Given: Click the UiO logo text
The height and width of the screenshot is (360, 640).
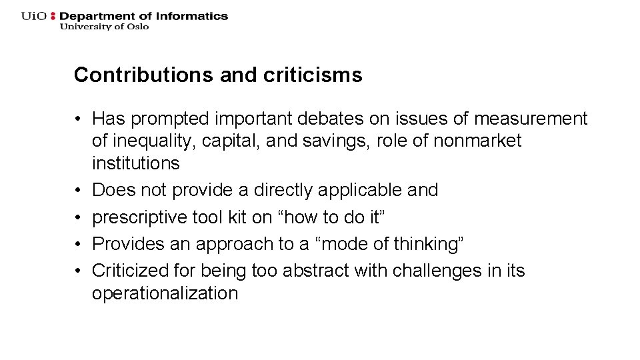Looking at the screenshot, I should point(34,16).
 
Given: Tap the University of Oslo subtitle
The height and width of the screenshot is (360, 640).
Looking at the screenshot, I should point(105,27).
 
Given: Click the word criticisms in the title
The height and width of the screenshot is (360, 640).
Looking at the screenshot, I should point(313,75).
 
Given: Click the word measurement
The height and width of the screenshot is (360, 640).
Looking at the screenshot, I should point(531,119).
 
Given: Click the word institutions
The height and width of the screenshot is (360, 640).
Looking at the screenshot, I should point(136,163).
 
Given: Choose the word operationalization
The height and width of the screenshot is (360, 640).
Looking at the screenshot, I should point(165,293).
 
